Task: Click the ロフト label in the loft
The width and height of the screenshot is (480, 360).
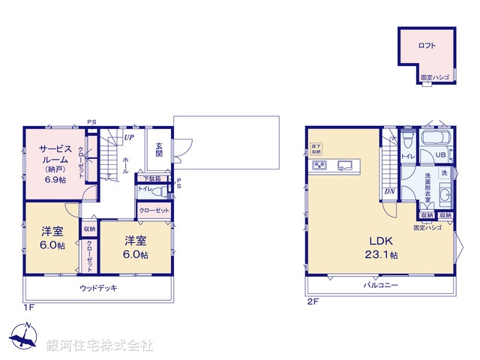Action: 426,46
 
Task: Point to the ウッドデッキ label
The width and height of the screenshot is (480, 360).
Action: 98,288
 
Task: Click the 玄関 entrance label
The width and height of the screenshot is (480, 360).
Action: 159,148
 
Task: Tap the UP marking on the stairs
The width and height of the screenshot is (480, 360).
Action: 129,138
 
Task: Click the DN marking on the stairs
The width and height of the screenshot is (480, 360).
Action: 389,190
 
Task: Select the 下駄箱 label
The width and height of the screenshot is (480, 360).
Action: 151,178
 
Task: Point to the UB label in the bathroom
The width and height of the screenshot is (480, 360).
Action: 442,156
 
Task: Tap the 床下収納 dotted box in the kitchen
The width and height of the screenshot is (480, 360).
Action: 316,148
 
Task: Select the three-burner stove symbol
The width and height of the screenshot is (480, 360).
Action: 319,166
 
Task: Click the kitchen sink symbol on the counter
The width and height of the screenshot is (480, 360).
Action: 346,165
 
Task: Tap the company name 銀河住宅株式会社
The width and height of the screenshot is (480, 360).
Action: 100,346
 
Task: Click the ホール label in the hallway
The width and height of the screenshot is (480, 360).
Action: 125,164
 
